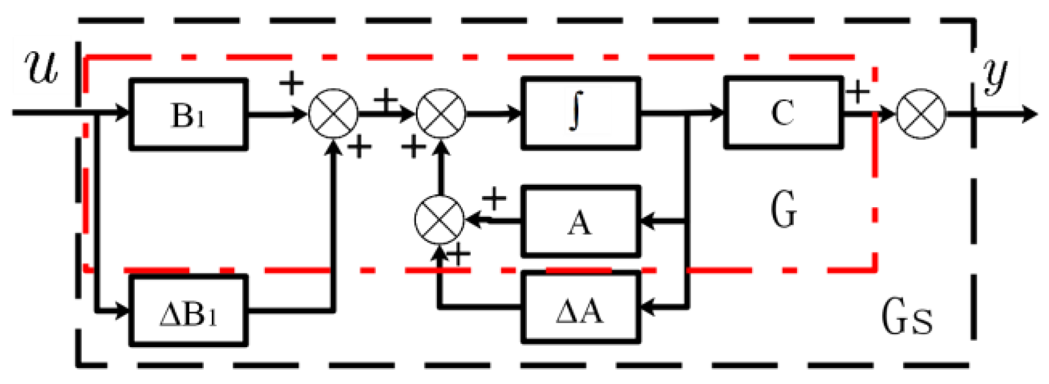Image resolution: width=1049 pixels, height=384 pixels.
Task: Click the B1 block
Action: pyautogui.click(x=188, y=114)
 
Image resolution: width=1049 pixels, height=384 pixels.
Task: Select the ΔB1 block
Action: pyautogui.click(x=188, y=310)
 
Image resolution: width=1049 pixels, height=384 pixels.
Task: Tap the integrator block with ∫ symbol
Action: pyautogui.click(x=580, y=113)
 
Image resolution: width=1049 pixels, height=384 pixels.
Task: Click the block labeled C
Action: pyautogui.click(x=783, y=113)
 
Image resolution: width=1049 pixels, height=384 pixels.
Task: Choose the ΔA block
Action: pyautogui.click(x=580, y=308)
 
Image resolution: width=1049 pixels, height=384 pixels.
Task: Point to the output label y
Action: pyautogui.click(x=996, y=75)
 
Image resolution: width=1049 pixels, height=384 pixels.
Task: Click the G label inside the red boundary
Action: pyautogui.click(x=784, y=209)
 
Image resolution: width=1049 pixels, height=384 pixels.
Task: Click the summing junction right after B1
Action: pyautogui.click(x=333, y=114)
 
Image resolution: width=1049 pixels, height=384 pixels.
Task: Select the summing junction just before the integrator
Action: pyautogui.click(x=440, y=114)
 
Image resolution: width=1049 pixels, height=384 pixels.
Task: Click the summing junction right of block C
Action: pyautogui.click(x=921, y=114)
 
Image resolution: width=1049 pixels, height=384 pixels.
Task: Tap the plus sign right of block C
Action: pyautogui.click(x=857, y=91)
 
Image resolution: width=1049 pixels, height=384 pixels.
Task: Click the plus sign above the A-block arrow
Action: pyautogui.click(x=494, y=199)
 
